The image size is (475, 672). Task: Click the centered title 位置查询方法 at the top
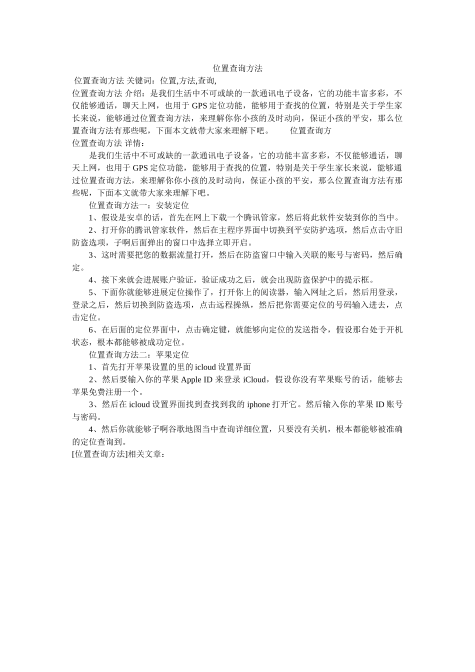[237, 68]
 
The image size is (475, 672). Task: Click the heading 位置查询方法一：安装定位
[138, 205]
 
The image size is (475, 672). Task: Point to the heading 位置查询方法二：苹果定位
[138, 354]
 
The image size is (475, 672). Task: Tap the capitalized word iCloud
[254, 379]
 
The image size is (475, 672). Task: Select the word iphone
[258, 404]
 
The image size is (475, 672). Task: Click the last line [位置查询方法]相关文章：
[118, 454]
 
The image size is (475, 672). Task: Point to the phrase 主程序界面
[231, 230]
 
